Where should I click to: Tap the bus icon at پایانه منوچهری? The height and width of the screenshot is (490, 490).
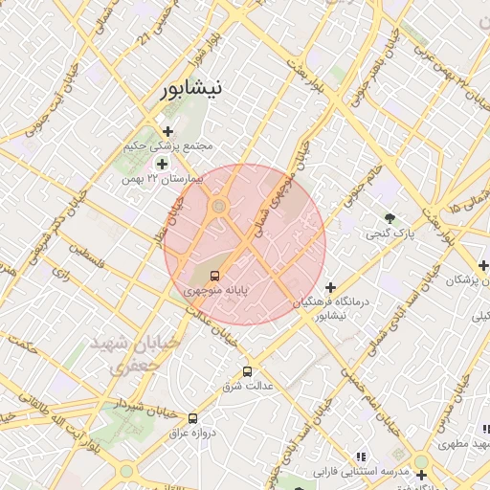(213, 275)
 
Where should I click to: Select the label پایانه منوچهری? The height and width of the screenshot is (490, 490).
(215, 288)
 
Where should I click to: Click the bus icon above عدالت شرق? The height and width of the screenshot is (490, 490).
(248, 371)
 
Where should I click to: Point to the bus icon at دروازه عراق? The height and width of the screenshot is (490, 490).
(193, 418)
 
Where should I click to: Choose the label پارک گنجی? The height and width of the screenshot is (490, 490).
(389, 233)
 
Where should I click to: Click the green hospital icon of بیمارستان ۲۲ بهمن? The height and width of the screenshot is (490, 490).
(162, 164)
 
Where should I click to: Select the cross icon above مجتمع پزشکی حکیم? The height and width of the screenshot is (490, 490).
(168, 131)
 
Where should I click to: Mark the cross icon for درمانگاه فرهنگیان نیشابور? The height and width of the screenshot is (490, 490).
(330, 287)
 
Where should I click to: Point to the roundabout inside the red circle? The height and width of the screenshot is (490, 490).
(219, 205)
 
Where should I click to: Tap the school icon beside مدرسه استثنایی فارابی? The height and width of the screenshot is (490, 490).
(361, 457)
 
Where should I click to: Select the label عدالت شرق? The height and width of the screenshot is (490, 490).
(248, 387)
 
